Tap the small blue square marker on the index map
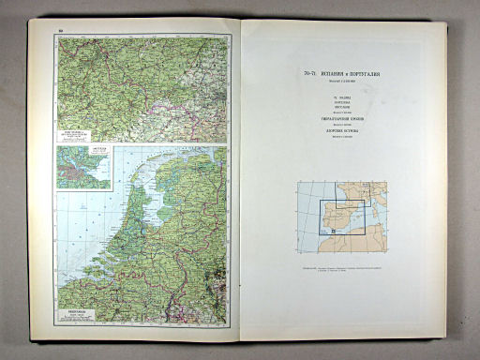pyautogui.click(x=332, y=229)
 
